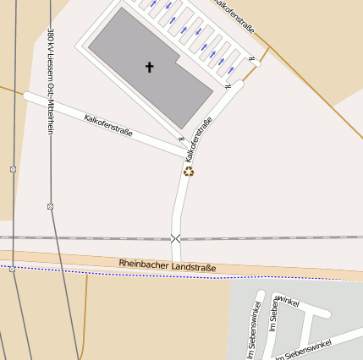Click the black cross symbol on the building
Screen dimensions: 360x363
150,67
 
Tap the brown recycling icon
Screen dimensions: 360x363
189,172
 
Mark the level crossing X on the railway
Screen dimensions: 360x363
176,239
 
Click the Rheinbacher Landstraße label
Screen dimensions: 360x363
168,265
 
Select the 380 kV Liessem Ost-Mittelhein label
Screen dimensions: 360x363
51,85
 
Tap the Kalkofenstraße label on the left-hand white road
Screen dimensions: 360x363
108,124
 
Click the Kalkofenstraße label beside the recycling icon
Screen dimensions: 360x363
198,139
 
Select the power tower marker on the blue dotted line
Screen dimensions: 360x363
12,269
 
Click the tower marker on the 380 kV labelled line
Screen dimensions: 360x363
50,206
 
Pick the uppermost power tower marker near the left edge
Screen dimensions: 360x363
13,169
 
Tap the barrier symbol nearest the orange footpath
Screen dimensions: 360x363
252,58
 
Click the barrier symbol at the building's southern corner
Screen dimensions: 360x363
181,138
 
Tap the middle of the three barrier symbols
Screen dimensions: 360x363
227,86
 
